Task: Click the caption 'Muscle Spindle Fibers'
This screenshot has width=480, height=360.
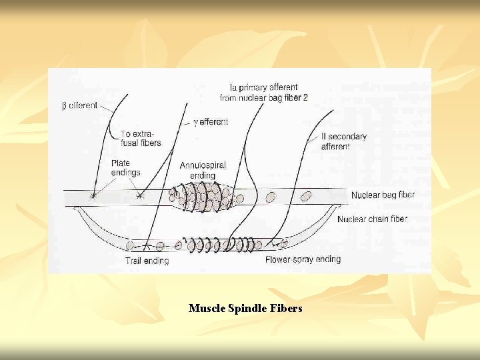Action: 245,308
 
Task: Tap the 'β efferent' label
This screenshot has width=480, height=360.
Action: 79,105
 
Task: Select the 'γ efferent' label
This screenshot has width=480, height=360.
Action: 211,122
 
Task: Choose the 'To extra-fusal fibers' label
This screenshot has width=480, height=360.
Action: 141,138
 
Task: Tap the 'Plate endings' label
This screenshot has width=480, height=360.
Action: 126,167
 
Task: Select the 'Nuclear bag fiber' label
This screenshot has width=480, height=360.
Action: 383,195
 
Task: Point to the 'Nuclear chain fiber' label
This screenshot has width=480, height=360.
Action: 373,219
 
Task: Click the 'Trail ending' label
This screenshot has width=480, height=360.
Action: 147,261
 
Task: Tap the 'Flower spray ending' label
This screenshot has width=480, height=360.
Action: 303,259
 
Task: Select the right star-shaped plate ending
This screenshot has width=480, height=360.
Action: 139,196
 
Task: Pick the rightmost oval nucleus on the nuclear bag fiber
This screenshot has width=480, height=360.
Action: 306,196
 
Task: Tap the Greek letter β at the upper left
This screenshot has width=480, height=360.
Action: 65,106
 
